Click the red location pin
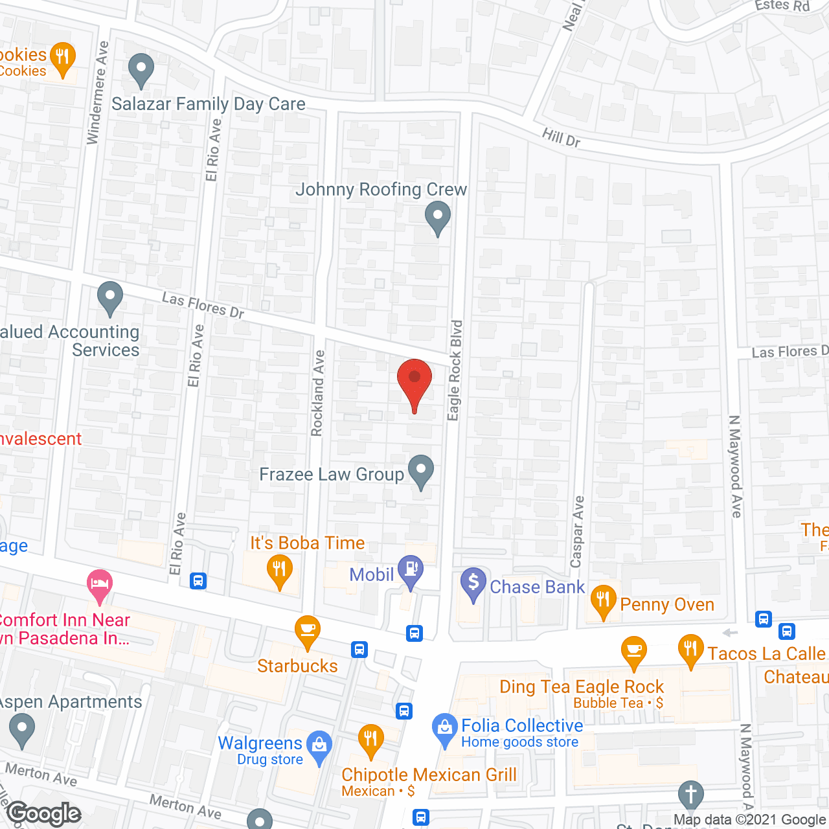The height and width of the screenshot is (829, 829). point(414,381)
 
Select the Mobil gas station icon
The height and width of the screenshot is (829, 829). point(410,571)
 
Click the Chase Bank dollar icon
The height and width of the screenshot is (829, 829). point(473,583)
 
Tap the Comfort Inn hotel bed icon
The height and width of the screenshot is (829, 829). point(99,584)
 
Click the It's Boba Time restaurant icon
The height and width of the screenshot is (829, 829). point(279,570)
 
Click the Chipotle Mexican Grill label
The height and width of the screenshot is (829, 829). point(429,775)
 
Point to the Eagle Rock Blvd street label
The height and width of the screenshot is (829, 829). point(455,370)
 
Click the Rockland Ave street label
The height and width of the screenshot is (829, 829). point(317,393)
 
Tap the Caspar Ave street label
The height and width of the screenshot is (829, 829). point(577,532)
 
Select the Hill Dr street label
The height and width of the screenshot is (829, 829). point(561,137)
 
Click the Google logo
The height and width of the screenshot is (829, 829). point(44,813)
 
